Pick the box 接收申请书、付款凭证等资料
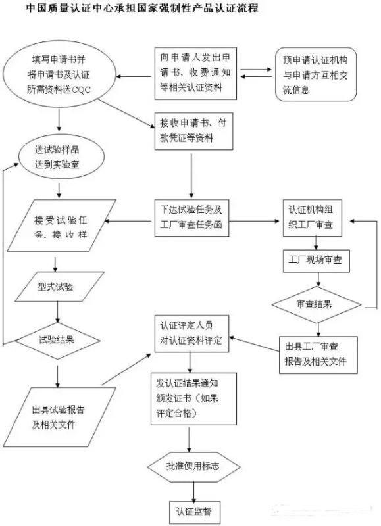191,131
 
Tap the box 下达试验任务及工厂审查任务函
191,218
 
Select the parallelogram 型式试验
56,287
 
